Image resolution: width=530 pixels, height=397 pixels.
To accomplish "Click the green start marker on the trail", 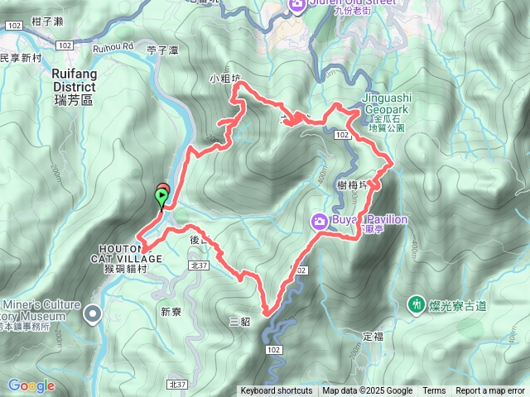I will [x=160, y=197].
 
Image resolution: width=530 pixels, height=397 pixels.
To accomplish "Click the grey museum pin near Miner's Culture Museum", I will [x=92, y=312].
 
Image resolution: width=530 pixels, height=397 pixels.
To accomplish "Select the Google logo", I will [x=31, y=386].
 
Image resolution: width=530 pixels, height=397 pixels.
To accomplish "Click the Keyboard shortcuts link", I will [x=277, y=391].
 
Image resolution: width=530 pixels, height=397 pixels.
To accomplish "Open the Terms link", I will [x=434, y=391].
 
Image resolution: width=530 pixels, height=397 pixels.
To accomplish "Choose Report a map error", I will [x=490, y=391].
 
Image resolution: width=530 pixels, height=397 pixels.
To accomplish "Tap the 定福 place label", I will [x=373, y=337].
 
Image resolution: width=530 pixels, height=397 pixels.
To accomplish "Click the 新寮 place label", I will [x=171, y=312].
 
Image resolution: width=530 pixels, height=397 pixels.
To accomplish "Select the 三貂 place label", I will [x=238, y=321].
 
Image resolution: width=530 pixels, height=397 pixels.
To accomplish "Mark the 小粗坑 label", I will [x=224, y=79].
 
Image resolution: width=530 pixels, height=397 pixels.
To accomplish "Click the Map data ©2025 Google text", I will [x=368, y=391].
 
